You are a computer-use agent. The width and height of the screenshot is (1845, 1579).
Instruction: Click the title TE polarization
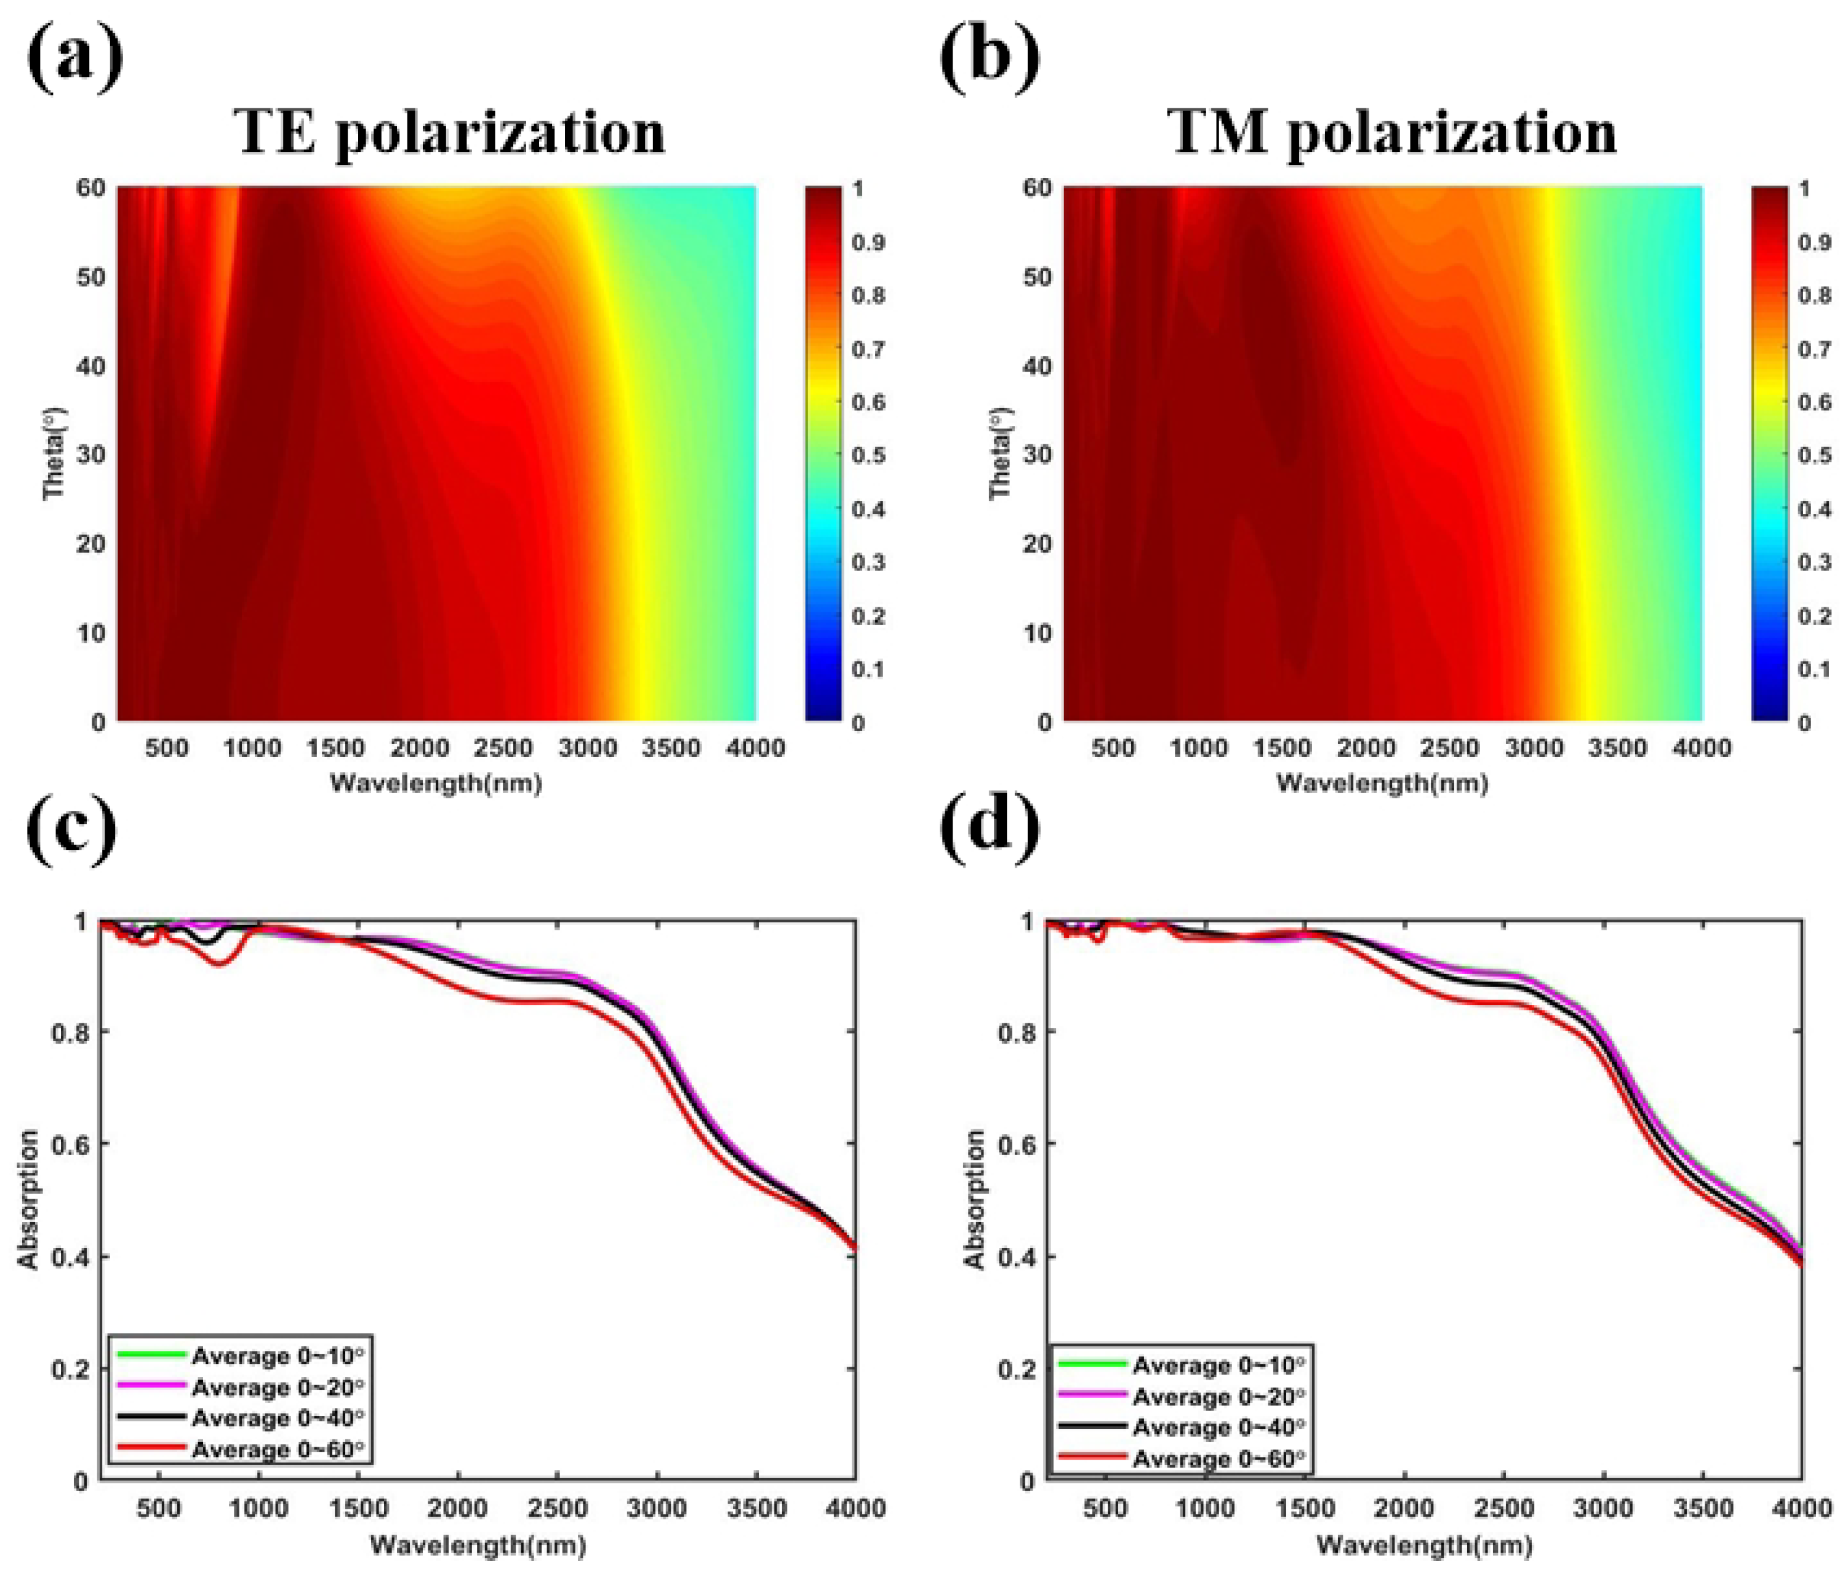pos(450,133)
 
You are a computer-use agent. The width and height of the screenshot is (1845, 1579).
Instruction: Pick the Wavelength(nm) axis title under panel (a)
pos(436,784)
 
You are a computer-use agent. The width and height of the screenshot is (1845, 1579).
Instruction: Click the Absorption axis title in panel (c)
pos(28,1199)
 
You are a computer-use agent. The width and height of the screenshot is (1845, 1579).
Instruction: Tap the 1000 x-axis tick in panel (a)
pos(252,748)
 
